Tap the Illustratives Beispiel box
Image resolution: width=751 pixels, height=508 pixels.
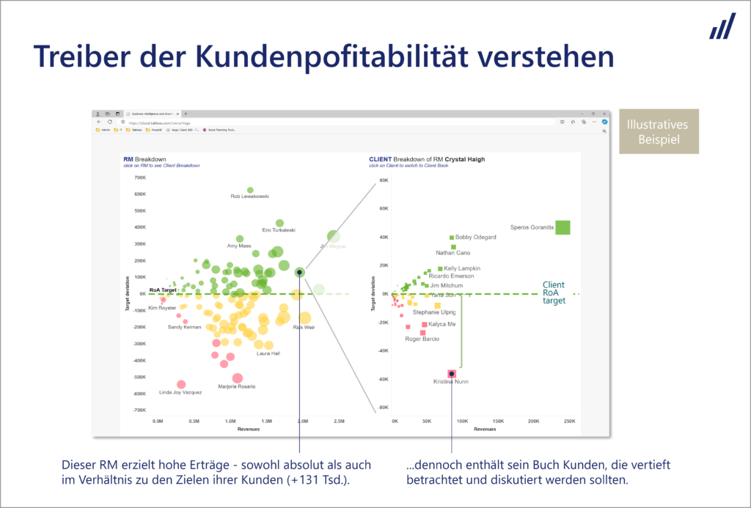tap(659, 132)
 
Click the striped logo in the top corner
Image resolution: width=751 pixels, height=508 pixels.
tap(722, 26)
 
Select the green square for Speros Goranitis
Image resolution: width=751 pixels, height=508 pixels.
tap(563, 227)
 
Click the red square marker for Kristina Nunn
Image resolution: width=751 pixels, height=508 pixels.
tap(452, 374)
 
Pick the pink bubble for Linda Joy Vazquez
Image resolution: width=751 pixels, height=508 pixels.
tap(181, 384)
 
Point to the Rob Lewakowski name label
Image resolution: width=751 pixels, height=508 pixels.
tap(249, 196)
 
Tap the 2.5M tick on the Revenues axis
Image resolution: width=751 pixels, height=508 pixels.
tap(339, 422)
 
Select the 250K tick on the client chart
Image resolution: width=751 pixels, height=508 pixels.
tap(568, 422)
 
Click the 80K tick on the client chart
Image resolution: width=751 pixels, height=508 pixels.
tap(383, 180)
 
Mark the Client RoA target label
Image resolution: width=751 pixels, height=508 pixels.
tap(554, 292)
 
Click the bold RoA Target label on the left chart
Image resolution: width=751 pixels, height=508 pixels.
tap(163, 290)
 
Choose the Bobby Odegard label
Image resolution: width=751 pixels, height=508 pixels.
tap(475, 238)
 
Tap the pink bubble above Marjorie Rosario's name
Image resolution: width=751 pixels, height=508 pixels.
tap(237, 378)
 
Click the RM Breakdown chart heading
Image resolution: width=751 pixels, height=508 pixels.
tap(144, 159)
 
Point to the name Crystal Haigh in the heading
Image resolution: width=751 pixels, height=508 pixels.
tap(463, 159)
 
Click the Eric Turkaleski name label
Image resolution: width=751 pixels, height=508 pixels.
tap(279, 230)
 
